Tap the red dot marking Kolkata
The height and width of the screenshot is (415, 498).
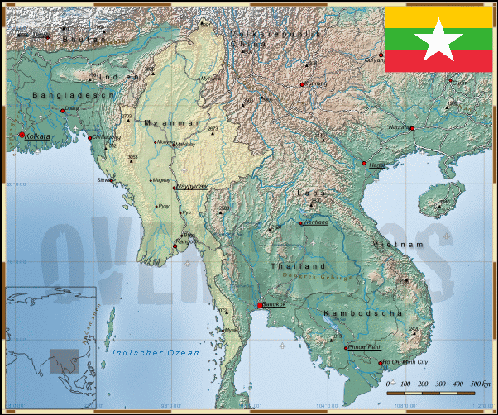coord(22,135)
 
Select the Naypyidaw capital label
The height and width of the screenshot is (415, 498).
coord(192,187)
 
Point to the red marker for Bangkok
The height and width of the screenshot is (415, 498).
coord(261,304)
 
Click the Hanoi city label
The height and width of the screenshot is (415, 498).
coord(378,165)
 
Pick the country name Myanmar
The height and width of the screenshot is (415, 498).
coord(172,122)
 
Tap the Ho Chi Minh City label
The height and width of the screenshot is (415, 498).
coord(405,362)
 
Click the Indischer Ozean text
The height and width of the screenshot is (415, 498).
coord(156,353)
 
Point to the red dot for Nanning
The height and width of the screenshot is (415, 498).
coord(411,128)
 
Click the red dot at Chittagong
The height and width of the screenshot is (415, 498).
coord(90,137)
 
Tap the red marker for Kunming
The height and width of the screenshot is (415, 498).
coord(302,83)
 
